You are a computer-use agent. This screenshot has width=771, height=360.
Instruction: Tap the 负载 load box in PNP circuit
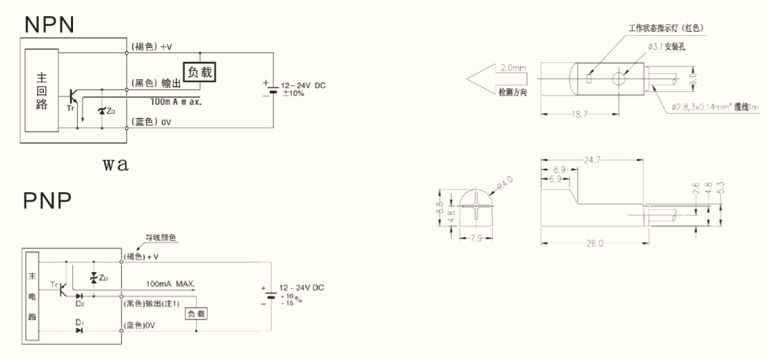pyautogui.click(x=196, y=313)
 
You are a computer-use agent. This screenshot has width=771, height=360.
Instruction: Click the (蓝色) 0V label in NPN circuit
pyautogui.click(x=149, y=122)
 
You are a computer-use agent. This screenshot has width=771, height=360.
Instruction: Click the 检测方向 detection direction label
pyautogui.click(x=513, y=90)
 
